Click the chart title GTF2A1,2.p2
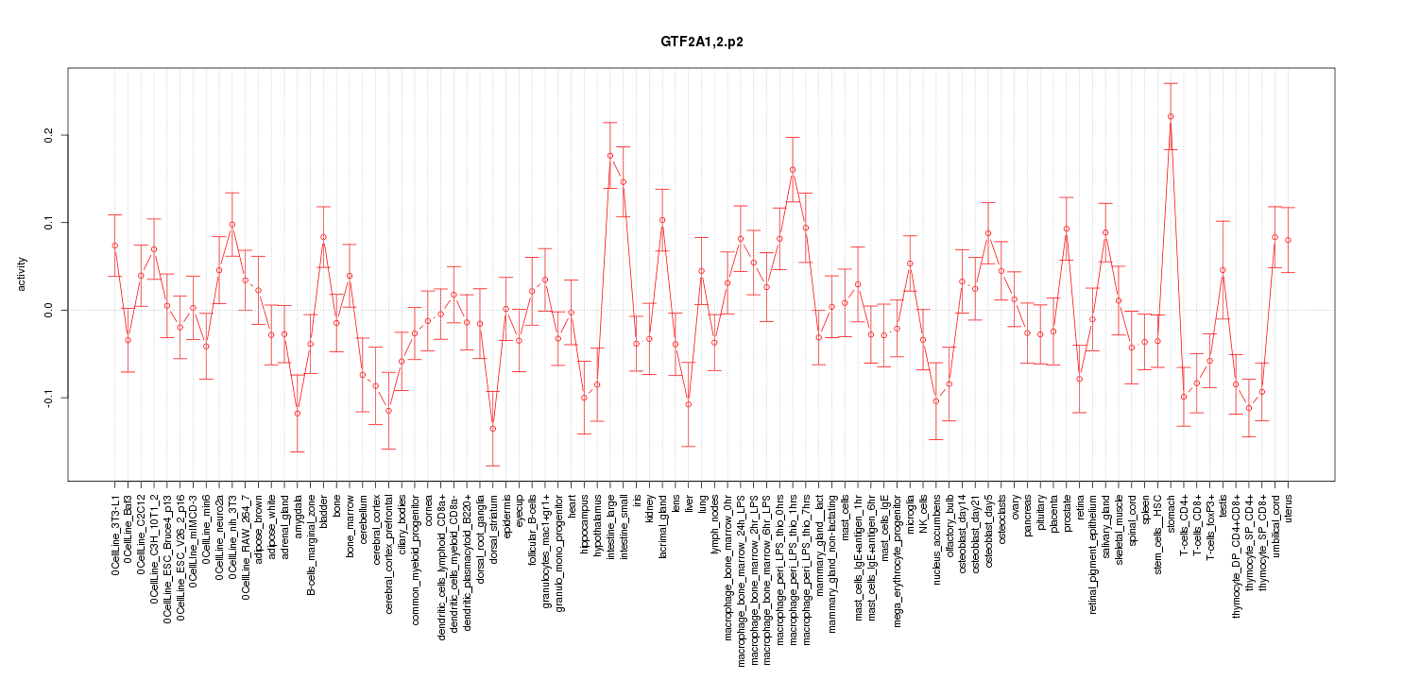701,43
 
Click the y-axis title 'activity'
22,273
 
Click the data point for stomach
1170,116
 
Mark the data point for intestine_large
610,156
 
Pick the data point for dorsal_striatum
492,429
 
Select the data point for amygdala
297,414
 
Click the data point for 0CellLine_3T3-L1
114,246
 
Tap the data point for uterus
1288,241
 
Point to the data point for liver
689,404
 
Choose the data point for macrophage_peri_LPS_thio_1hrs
793,170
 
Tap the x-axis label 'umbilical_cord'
1275,526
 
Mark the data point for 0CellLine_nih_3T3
232,225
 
